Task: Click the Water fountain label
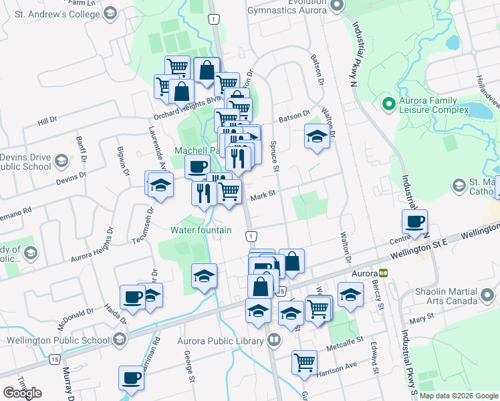tap(201, 230)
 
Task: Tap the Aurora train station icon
tap(384, 273)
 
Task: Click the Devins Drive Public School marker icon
tap(61, 161)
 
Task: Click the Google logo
tap(22, 393)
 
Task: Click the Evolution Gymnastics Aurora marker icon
tap(337, 6)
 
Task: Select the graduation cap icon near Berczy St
tap(350, 295)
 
